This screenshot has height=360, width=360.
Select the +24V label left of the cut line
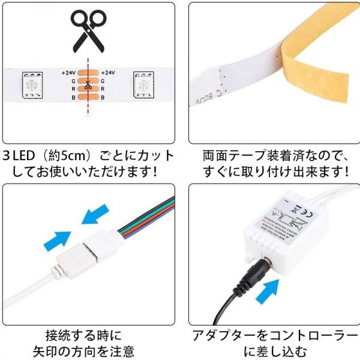coord(69,73)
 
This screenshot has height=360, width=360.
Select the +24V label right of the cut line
coord(109,73)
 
